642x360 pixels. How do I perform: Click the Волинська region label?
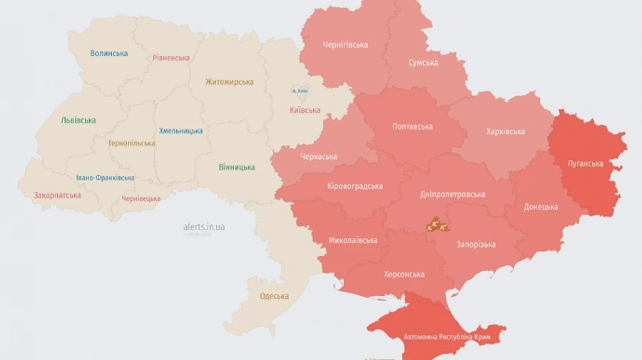click(109, 53)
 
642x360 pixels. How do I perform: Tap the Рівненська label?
click(171, 58)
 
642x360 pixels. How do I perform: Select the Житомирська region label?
click(229, 82)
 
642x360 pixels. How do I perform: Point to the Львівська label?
click(78, 120)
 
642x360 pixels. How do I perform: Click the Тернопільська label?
click(131, 143)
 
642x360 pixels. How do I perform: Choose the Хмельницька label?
click(180, 130)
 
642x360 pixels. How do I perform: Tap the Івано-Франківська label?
click(105, 178)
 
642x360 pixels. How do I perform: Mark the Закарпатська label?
click(57, 195)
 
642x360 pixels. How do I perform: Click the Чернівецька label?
click(141, 199)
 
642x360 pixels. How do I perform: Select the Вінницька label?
click(237, 168)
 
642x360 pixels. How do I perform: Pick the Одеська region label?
click(274, 297)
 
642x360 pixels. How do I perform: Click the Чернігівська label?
click(345, 45)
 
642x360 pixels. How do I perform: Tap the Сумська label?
click(423, 63)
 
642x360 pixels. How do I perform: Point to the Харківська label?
click(505, 131)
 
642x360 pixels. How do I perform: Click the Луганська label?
click(586, 163)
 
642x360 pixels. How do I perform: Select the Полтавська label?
click(412, 127)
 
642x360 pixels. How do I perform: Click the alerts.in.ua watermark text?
click(204, 227)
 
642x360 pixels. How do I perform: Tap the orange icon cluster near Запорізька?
click(437, 226)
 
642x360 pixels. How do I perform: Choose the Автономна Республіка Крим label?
click(447, 337)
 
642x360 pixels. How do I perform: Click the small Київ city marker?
click(298, 91)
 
